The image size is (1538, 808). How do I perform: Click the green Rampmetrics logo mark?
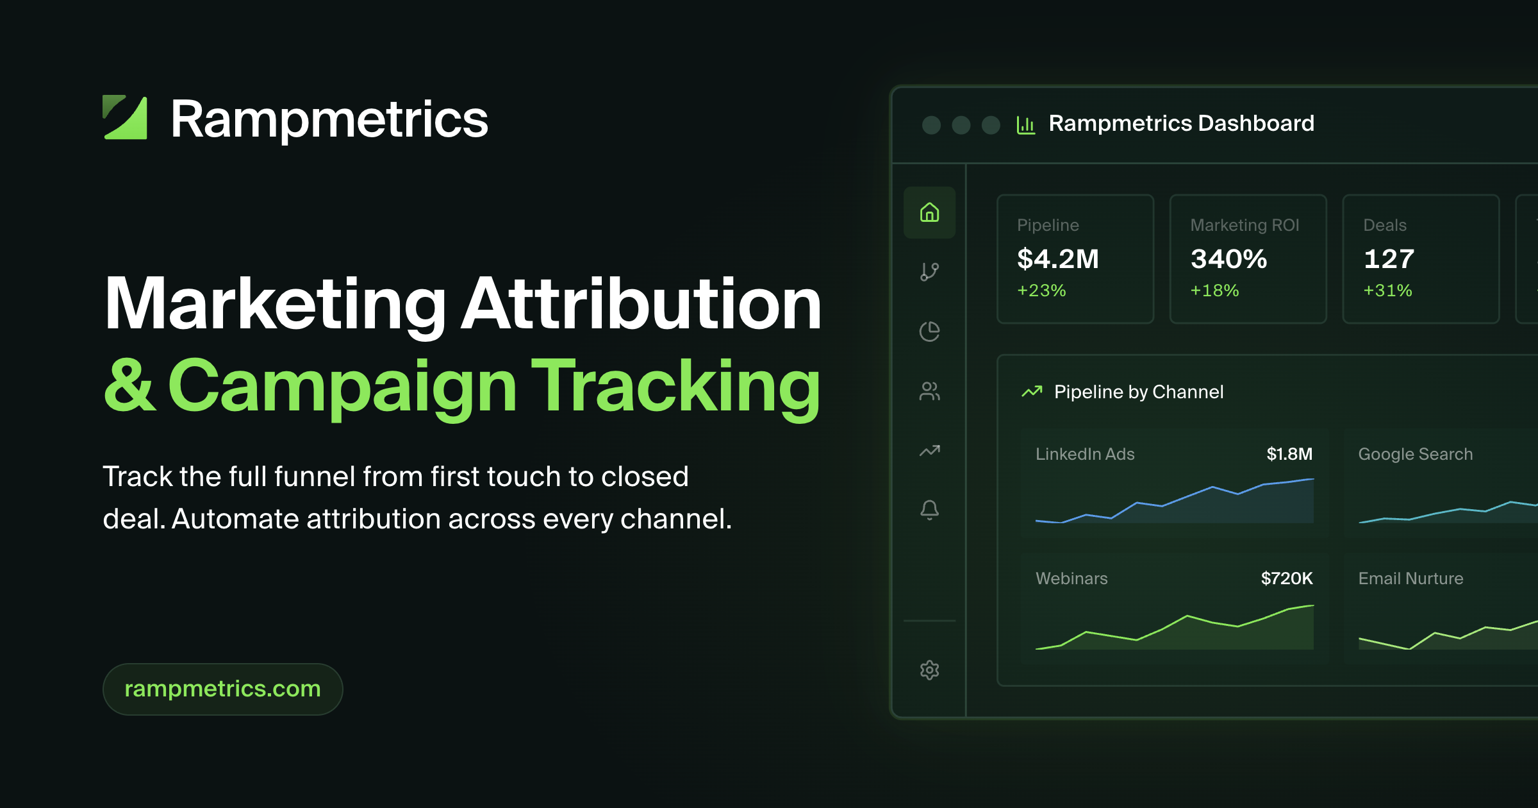pyautogui.click(x=126, y=118)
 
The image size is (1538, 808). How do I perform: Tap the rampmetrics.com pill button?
pyautogui.click(x=222, y=689)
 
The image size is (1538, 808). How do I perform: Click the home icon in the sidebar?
pyautogui.click(x=929, y=212)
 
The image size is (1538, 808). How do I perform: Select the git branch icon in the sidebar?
pyautogui.click(x=929, y=272)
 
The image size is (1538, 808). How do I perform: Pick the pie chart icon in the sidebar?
pyautogui.click(x=929, y=332)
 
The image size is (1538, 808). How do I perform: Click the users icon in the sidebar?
pyautogui.click(x=929, y=391)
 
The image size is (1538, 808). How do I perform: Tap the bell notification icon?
pyautogui.click(x=929, y=510)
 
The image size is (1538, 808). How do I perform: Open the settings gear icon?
pyautogui.click(x=929, y=670)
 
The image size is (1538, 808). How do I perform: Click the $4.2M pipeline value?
pyautogui.click(x=1058, y=259)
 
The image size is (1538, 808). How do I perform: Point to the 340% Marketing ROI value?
pyautogui.click(x=1228, y=259)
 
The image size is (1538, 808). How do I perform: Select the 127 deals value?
pyautogui.click(x=1389, y=259)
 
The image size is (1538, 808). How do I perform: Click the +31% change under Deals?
pyautogui.click(x=1387, y=290)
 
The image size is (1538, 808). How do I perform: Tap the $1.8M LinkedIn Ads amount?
pyautogui.click(x=1289, y=454)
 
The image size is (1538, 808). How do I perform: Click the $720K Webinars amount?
pyautogui.click(x=1287, y=578)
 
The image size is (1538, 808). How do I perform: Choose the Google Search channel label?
pyautogui.click(x=1416, y=454)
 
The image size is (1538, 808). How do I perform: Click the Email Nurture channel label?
pyautogui.click(x=1411, y=578)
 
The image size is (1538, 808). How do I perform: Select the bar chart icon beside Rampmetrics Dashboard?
pyautogui.click(x=1026, y=124)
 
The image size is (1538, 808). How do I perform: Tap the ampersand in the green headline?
pyautogui.click(x=129, y=385)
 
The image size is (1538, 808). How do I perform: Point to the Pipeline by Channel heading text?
pyautogui.click(x=1139, y=392)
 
